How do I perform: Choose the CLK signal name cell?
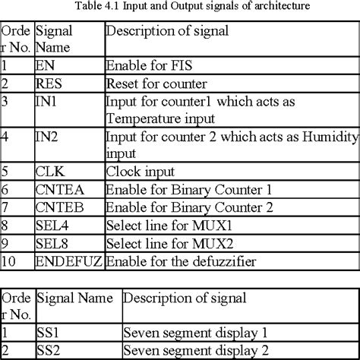tap(50, 172)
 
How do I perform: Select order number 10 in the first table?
tap(9, 261)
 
